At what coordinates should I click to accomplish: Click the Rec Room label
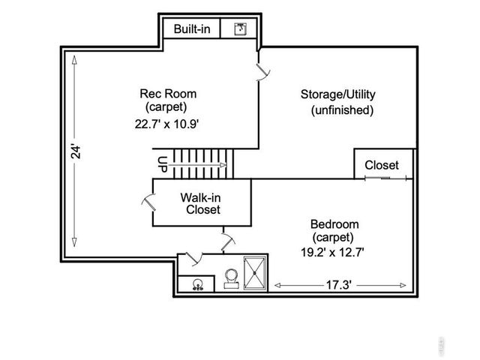(x=168, y=94)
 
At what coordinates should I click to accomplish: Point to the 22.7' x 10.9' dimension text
(x=166, y=124)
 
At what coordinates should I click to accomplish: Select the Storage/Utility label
(x=337, y=94)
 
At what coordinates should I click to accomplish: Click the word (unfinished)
(x=341, y=110)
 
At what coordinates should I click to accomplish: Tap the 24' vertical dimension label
(x=74, y=152)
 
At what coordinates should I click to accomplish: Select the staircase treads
(x=198, y=159)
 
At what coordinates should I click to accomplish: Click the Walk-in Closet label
(x=200, y=204)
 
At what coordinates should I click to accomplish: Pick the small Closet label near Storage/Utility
(x=382, y=165)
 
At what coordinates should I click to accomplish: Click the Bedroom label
(x=334, y=224)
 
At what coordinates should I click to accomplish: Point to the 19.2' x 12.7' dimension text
(x=332, y=253)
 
